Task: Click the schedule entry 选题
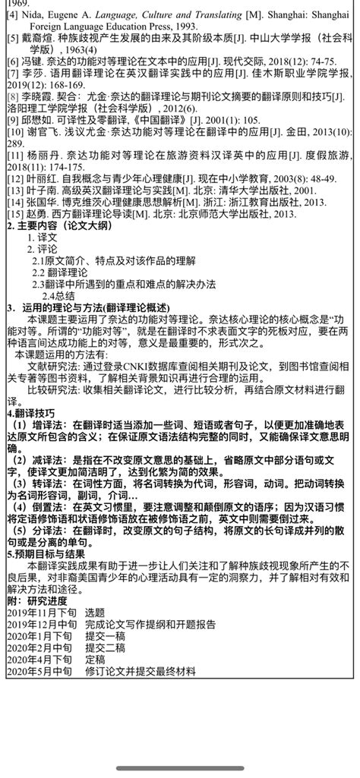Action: coord(96,612)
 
